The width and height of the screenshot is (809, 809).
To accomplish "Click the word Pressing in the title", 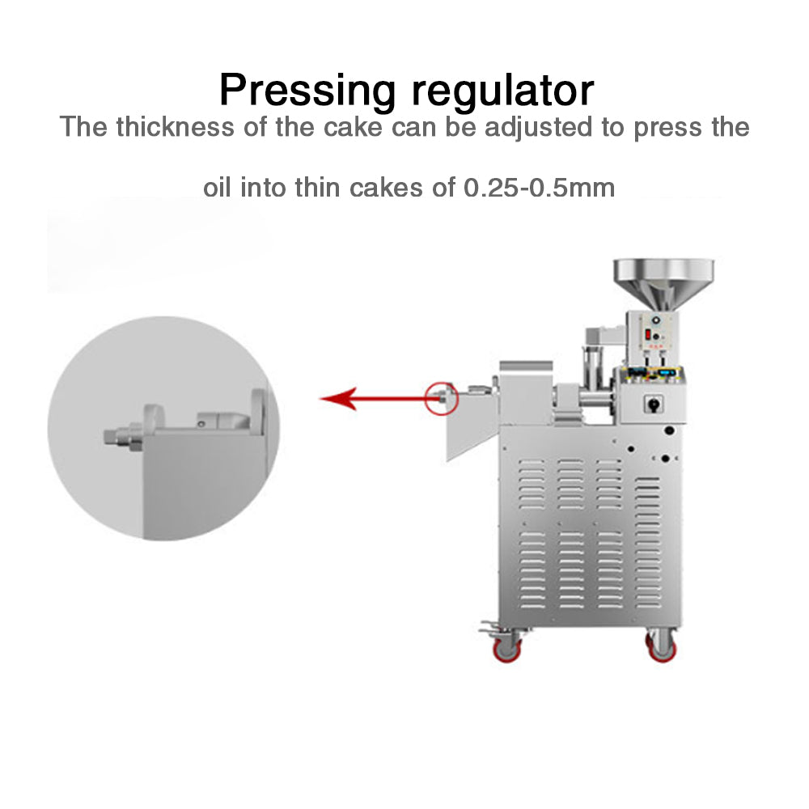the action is (x=307, y=91).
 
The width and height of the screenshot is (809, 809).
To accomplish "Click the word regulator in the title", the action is (x=502, y=91).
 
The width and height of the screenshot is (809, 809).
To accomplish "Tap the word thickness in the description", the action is (x=175, y=127).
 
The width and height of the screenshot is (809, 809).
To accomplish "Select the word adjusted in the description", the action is (x=538, y=128).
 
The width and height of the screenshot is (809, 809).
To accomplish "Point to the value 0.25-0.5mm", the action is (x=539, y=188).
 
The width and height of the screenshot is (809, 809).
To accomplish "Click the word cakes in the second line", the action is (x=386, y=188).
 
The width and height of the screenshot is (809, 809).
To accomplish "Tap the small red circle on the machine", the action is (x=442, y=398).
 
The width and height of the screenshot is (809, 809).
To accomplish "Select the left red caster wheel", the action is (x=506, y=648).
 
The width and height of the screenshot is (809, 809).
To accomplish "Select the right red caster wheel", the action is (x=662, y=648).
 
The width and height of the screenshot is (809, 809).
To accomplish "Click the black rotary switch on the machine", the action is (x=654, y=404).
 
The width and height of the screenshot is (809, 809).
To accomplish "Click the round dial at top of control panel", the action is (x=656, y=320).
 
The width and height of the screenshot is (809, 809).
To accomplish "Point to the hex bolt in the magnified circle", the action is (x=123, y=437).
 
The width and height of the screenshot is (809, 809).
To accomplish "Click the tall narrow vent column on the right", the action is (x=647, y=542).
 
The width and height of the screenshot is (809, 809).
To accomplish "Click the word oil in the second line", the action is (x=216, y=188).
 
